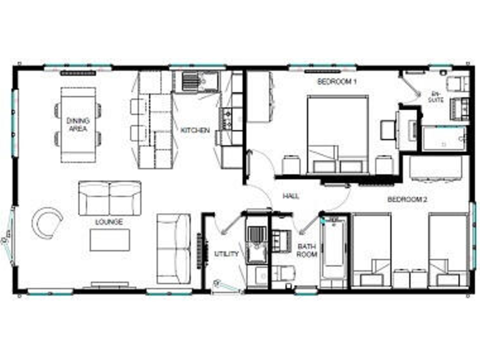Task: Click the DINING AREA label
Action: click(x=78, y=124)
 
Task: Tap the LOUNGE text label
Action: click(x=109, y=222)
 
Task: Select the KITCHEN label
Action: click(x=195, y=131)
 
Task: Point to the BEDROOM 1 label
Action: click(x=336, y=82)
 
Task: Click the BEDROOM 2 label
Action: click(x=407, y=200)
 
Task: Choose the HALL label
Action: click(x=291, y=196)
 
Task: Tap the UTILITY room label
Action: click(x=226, y=254)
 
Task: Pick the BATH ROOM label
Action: click(x=307, y=250)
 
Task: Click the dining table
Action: click(x=78, y=125)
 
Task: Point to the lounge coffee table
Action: click(x=109, y=240)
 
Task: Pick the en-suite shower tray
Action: click(x=443, y=139)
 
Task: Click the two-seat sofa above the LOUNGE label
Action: click(x=109, y=198)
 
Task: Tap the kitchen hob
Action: click(x=227, y=118)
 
